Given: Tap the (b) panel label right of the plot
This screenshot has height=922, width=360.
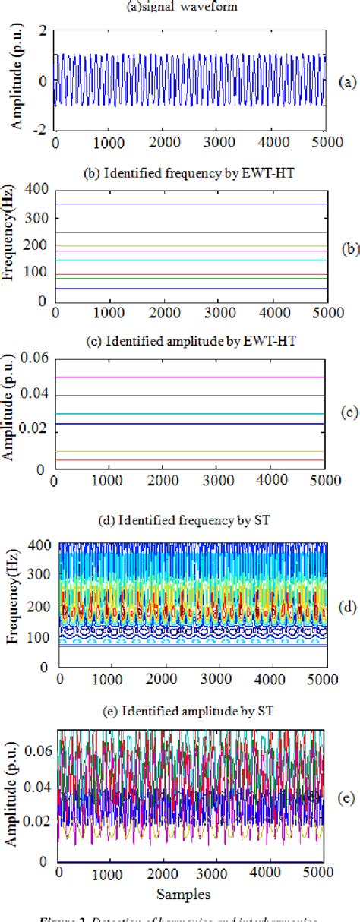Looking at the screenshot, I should tap(350, 248).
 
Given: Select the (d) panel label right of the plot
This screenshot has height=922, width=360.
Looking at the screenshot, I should tap(350, 607).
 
